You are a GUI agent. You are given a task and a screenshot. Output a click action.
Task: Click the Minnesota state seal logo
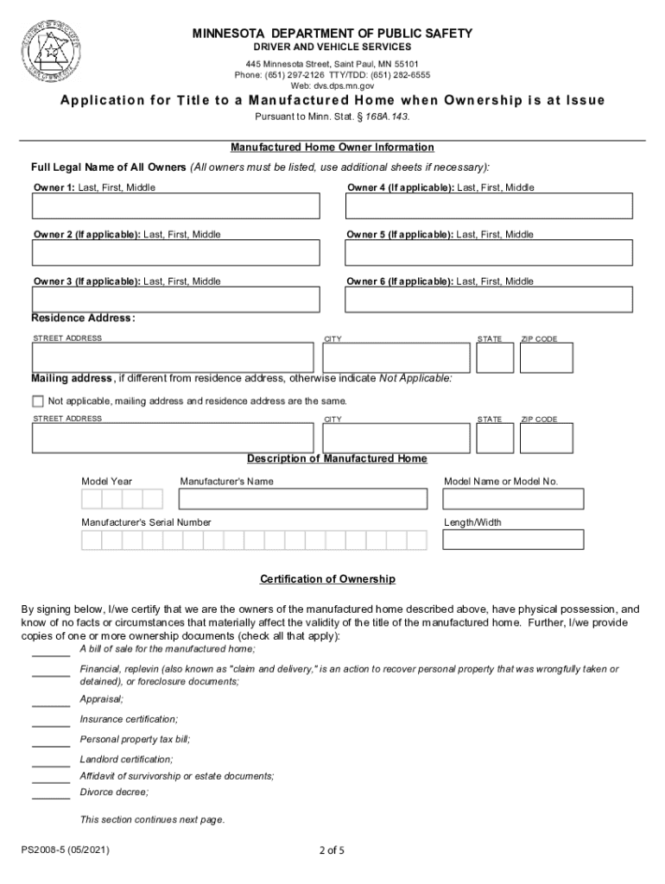pos(56,54)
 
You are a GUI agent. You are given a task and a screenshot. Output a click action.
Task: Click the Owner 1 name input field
pos(175,206)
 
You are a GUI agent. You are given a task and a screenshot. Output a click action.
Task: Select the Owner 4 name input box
pos(489,206)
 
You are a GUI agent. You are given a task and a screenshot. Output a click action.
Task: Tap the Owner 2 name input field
pos(175,253)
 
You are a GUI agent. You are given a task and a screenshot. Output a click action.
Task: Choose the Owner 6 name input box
pos(489,300)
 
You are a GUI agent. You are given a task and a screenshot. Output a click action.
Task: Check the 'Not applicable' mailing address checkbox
pos(37,401)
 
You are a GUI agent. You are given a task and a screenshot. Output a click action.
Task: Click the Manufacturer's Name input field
pos(303,499)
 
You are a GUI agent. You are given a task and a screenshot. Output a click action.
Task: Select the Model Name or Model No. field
pos(512,499)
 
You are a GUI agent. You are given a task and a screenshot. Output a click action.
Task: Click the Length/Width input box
pos(512,540)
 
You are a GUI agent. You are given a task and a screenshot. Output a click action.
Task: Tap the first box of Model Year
pos(92,499)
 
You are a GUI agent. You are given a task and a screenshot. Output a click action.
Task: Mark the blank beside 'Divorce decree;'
pos(51,795)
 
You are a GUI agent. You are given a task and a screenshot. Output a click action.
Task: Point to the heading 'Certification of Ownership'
pos(327,579)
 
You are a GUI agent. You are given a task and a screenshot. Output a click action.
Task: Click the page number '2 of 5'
pos(332,849)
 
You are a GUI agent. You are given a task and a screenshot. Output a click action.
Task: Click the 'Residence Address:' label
pos(83,319)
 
